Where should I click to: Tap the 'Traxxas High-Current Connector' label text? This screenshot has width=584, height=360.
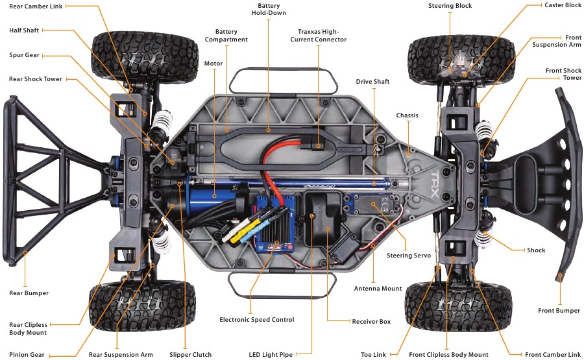[x=318, y=35]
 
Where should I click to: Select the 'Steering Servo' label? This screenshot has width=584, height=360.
[x=409, y=256]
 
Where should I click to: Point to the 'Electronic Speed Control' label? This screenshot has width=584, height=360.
[x=256, y=320]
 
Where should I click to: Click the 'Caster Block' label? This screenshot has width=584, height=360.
[x=563, y=5]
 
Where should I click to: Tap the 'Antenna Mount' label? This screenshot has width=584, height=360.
[x=378, y=289]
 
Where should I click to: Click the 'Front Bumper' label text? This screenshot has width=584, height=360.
[x=559, y=311]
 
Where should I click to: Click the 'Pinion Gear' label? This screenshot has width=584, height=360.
[x=28, y=355]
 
